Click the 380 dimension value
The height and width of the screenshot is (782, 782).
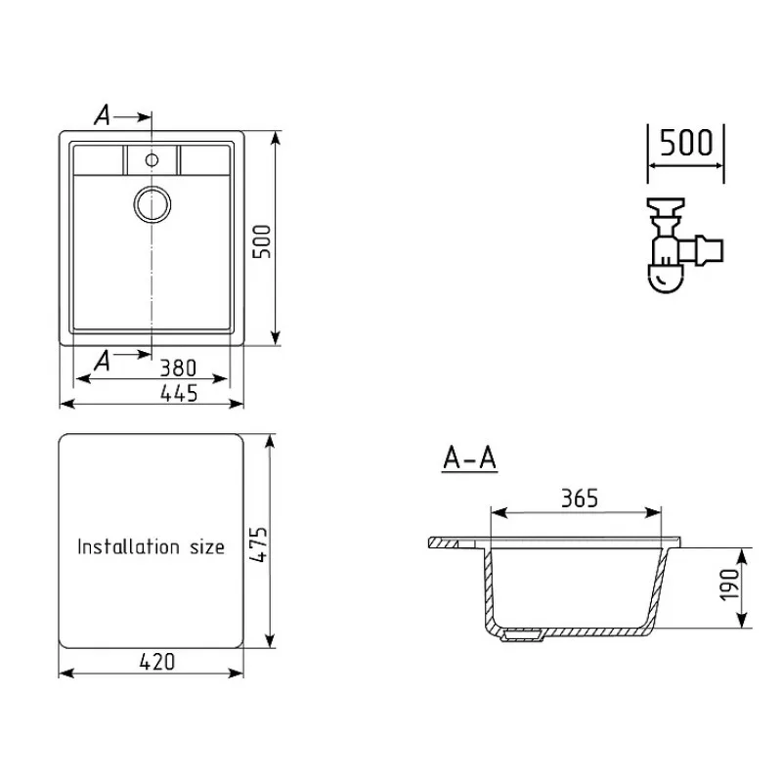(178, 369)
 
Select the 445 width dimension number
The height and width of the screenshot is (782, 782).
(179, 394)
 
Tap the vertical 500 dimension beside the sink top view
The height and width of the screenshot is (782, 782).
(262, 241)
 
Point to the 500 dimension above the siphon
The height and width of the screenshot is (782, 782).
(686, 143)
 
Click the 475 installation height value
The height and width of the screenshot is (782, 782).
(259, 544)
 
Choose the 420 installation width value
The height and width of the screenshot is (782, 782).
(157, 662)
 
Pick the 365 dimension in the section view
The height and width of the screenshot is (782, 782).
(580, 499)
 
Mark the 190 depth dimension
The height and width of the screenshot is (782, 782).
(730, 584)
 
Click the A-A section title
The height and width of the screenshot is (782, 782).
(470, 458)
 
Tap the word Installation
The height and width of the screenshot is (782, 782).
(128, 546)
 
